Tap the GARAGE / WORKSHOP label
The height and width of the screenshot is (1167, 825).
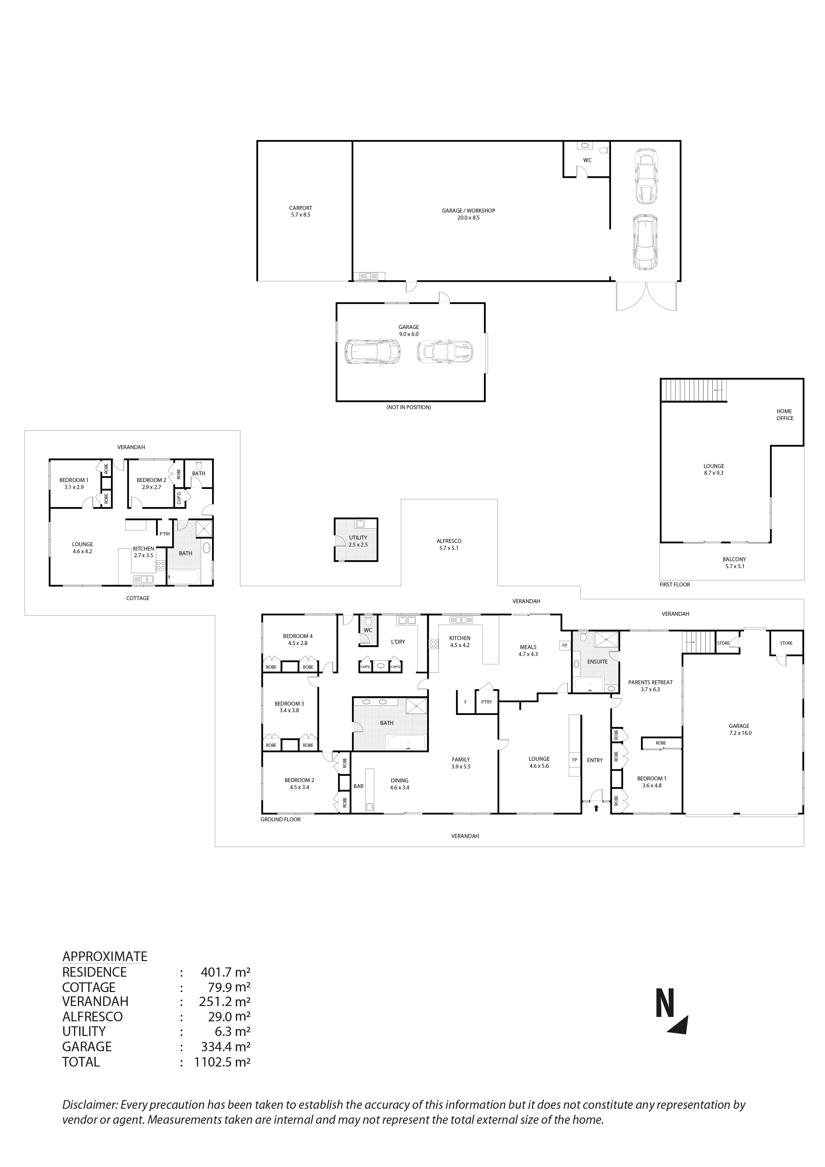click(x=468, y=211)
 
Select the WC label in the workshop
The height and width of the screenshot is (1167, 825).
click(x=587, y=160)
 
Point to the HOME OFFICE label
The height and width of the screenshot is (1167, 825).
click(x=784, y=415)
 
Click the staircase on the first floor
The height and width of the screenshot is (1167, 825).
click(x=694, y=390)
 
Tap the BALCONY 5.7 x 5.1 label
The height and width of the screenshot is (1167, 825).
click(x=734, y=563)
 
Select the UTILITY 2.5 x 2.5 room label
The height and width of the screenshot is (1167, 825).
click(x=358, y=541)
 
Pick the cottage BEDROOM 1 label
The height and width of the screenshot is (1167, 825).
click(x=74, y=480)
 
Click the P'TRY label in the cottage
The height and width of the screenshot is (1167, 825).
click(x=165, y=534)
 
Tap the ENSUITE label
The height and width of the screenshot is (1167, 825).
click(x=597, y=662)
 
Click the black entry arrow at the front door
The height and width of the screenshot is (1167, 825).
click(x=596, y=808)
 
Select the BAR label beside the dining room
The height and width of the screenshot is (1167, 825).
click(x=358, y=786)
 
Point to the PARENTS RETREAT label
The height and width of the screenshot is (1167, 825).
click(x=650, y=683)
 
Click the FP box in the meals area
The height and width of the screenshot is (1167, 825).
click(x=564, y=645)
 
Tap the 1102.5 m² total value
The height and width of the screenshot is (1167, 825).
click(x=222, y=1062)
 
